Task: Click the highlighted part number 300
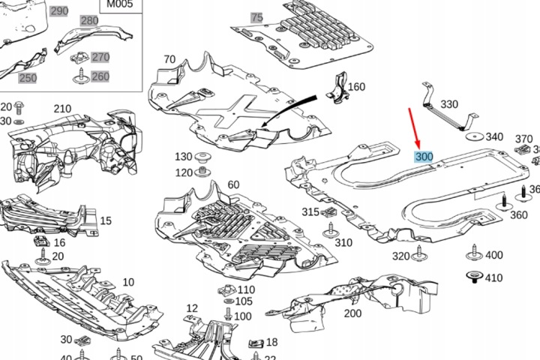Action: (x=424, y=157)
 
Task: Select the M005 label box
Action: (x=121, y=6)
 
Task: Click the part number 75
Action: (x=257, y=17)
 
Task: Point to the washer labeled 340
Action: (x=474, y=136)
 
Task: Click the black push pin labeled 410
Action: (x=475, y=277)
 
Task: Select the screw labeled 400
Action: (x=475, y=253)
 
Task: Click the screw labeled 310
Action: (x=331, y=230)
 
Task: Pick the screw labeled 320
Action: (x=419, y=253)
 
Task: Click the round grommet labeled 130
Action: (x=203, y=157)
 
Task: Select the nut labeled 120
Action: (x=202, y=171)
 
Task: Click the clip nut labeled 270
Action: (x=79, y=58)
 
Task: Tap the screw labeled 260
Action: (x=81, y=76)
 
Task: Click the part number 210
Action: (x=62, y=109)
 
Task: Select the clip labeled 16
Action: (x=42, y=241)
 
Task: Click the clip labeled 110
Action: (x=227, y=290)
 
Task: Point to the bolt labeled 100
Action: (x=228, y=313)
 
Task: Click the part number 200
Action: (x=352, y=313)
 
